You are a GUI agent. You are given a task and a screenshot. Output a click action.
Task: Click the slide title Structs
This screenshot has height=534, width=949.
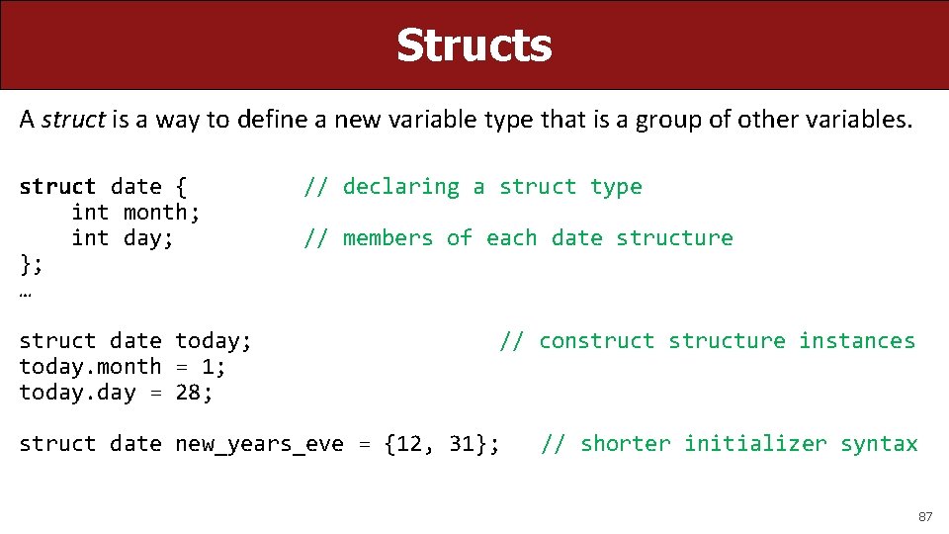[x=474, y=45]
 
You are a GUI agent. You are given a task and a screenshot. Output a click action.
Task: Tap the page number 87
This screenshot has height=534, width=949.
[x=925, y=516]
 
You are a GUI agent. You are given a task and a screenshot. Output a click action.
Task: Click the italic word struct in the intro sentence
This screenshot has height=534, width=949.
[x=73, y=120]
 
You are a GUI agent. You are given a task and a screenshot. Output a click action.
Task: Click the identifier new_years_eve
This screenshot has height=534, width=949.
[x=259, y=444]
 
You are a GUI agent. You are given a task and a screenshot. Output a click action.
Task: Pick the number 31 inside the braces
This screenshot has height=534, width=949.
[x=462, y=443]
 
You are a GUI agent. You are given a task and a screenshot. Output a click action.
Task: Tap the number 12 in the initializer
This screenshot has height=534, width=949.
[x=409, y=443]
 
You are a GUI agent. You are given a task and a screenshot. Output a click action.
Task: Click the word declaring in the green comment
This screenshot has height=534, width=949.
[x=400, y=187]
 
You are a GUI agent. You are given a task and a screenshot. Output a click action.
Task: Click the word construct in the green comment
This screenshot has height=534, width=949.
[x=596, y=340]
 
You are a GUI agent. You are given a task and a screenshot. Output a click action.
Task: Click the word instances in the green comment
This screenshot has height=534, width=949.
[x=857, y=340]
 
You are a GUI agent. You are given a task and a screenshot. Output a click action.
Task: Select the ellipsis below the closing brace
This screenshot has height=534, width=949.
[x=25, y=293]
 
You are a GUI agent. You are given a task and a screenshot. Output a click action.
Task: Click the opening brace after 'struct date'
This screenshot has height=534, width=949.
[x=180, y=187]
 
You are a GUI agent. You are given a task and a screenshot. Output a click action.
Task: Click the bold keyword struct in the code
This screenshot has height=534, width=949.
[x=57, y=186]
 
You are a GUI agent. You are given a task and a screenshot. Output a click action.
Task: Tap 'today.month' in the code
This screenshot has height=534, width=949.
[x=90, y=366]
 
